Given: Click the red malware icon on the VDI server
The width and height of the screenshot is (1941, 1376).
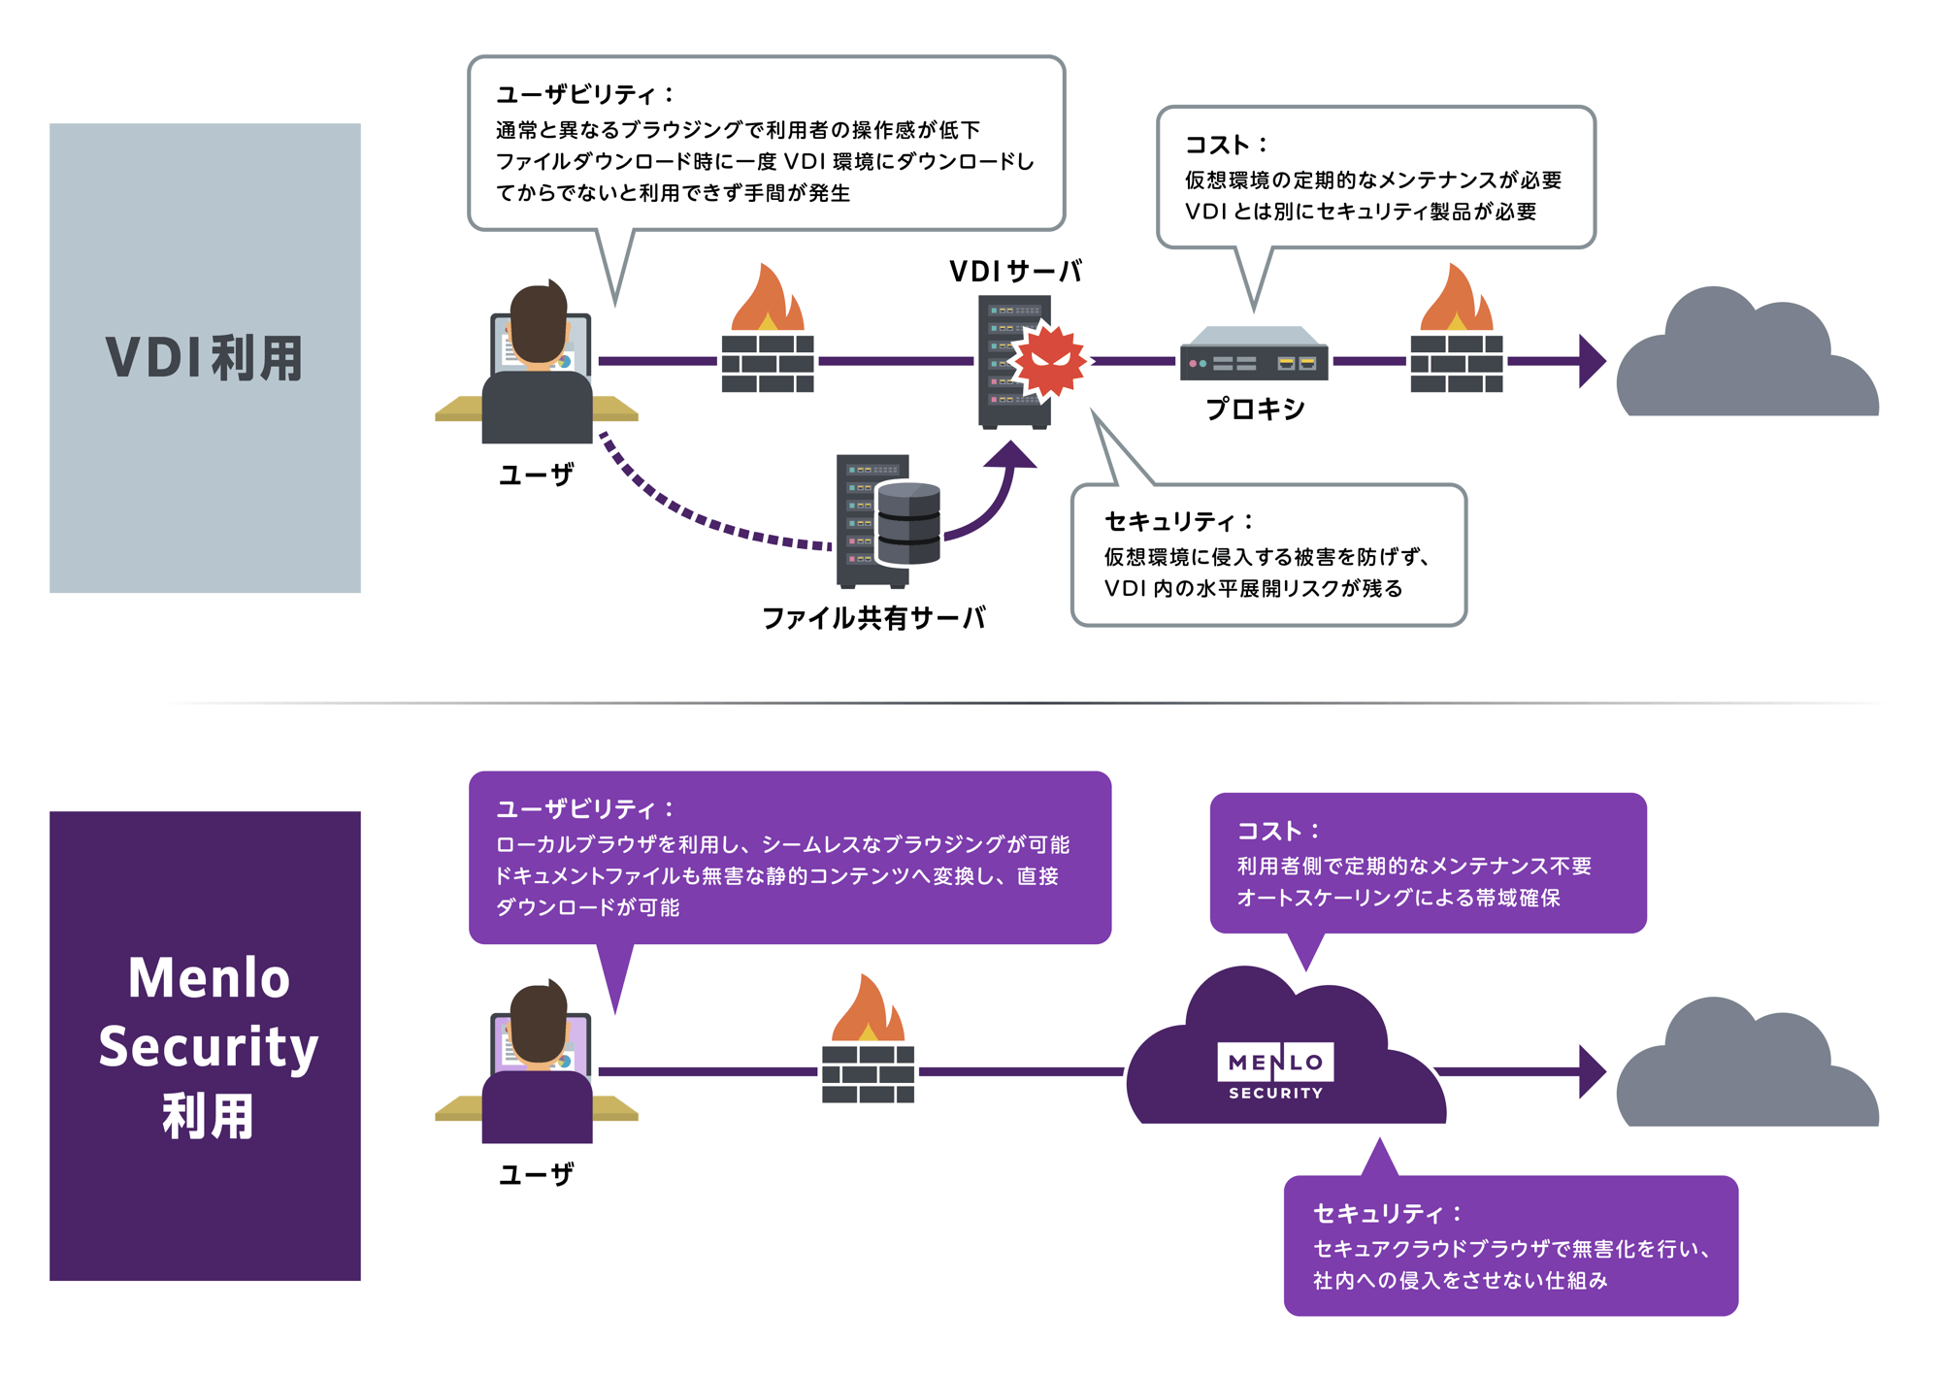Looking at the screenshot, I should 1048,361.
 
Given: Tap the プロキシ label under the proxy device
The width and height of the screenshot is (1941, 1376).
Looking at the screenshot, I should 1254,409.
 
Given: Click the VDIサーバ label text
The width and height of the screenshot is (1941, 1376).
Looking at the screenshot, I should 1014,271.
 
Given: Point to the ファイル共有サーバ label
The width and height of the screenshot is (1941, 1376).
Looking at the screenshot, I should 872,617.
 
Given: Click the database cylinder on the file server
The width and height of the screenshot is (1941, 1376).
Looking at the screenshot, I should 907,524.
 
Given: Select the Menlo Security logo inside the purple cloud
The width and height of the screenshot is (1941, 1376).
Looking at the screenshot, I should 1275,1070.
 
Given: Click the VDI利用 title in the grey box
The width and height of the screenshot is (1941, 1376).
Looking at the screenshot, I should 205,358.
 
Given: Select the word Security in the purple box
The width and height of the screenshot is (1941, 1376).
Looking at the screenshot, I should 208,1046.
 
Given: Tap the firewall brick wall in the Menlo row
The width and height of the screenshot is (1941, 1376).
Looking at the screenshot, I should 868,1073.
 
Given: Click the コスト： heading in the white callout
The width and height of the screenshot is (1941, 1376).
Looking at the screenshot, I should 1226,145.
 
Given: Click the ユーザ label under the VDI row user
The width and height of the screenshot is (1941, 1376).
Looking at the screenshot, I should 536,475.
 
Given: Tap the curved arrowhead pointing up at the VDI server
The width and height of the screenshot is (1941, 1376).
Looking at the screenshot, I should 1011,454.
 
